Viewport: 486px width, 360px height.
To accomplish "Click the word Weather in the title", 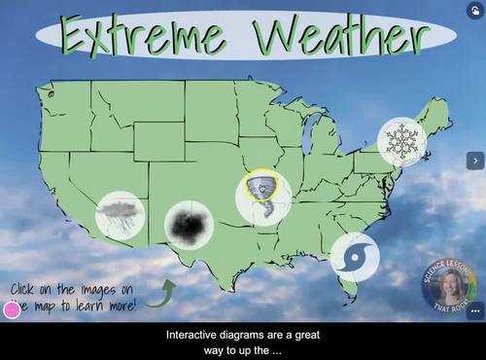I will [337, 38].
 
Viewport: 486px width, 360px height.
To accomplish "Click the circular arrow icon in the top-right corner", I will [473, 9].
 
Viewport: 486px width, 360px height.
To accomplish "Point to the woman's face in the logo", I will [450, 286].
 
